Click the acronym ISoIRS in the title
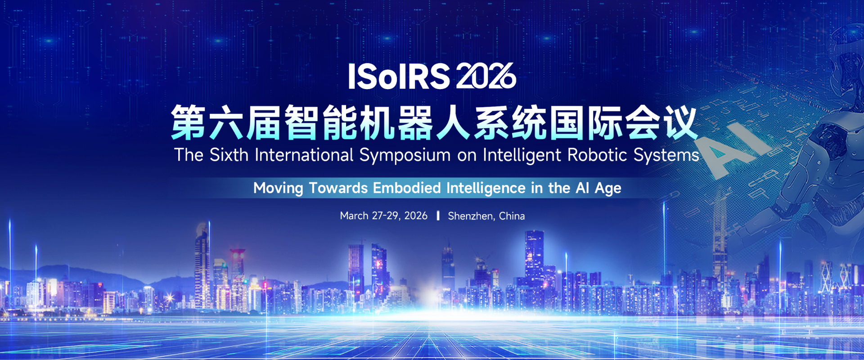tap(399, 76)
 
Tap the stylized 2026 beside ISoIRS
tap(486, 76)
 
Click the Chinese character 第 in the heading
tap(189, 123)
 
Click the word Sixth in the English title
tap(229, 155)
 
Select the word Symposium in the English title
tap(405, 156)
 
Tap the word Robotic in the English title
tap(597, 155)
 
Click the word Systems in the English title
tap(666, 156)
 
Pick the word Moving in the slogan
tap(278, 188)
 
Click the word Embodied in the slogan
tap(407, 188)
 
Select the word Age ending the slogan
tap(608, 189)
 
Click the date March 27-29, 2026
tap(383, 216)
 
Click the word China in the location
tap(512, 216)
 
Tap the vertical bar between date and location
tap(438, 216)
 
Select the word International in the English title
tap(304, 155)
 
